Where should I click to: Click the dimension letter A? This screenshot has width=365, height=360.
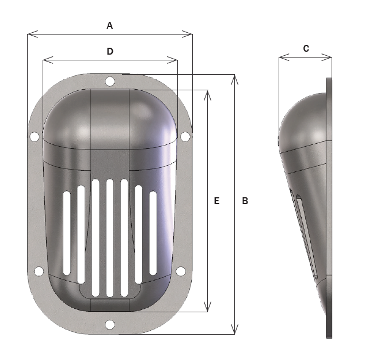(x=110, y=25)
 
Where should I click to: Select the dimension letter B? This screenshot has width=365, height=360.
(x=245, y=201)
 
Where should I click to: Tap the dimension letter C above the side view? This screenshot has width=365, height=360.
(x=306, y=49)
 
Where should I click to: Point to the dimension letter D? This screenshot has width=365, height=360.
(x=110, y=51)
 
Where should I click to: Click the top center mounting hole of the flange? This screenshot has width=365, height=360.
(x=110, y=82)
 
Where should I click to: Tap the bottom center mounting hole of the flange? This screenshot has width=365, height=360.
(x=110, y=325)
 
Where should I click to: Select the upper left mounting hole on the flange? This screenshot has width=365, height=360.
(x=35, y=137)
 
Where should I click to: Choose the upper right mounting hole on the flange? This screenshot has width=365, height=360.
(x=185, y=136)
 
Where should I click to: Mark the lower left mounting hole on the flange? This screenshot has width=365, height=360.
(x=39, y=271)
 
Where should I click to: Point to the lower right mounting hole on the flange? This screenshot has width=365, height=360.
(x=181, y=271)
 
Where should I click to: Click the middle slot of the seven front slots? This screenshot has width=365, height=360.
(x=109, y=238)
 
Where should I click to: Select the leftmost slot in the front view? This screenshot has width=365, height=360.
(x=67, y=232)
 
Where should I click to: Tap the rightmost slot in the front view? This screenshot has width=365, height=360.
(x=153, y=232)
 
